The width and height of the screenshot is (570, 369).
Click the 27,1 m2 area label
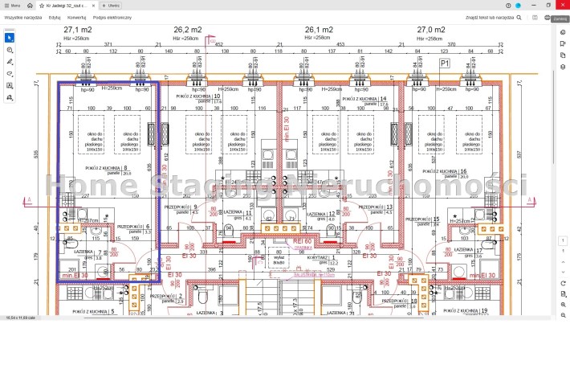click(78, 31)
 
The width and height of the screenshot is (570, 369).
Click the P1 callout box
click(445, 63)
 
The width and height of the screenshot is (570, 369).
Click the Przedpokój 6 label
click(133, 228)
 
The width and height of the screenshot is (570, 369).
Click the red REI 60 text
click(302, 240)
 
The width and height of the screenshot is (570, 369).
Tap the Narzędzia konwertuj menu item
click(77, 16)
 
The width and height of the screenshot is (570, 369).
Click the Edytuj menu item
click(55, 16)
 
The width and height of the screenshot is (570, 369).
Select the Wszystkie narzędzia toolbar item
click(22, 16)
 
